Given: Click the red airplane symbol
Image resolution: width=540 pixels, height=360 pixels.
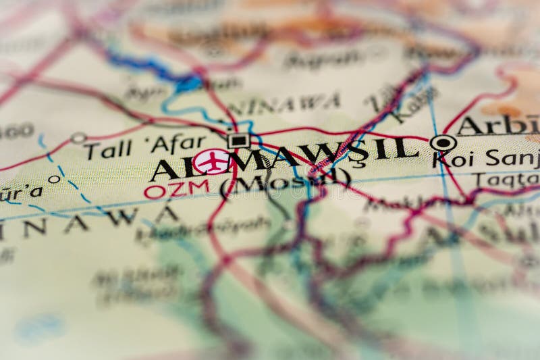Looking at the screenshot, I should click(212, 162).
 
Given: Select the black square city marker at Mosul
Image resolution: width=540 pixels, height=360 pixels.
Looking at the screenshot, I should click(238, 140).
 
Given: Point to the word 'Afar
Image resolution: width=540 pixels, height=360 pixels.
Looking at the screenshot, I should click(178, 143).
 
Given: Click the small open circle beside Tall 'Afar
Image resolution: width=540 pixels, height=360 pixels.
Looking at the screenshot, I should click(79, 138).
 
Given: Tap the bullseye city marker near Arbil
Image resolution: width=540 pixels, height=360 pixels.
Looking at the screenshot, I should click(443, 143).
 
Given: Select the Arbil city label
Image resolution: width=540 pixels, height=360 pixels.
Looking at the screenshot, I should click(500, 126).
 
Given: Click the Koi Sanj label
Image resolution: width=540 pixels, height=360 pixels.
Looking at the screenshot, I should click(486, 159).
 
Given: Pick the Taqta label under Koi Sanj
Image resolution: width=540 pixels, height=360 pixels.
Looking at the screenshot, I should click(506, 180).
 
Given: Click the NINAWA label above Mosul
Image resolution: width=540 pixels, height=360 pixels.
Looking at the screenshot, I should click(283, 105).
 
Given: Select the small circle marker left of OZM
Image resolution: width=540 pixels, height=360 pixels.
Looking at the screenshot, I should click(54, 180).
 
